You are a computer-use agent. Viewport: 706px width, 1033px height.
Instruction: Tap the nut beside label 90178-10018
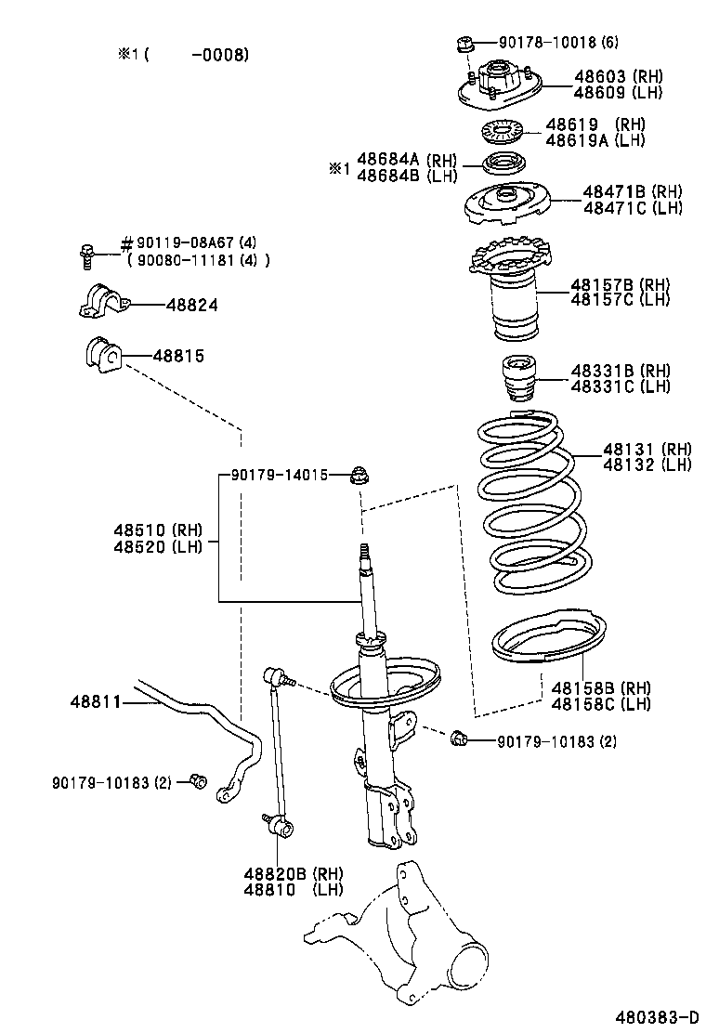[x=466, y=43]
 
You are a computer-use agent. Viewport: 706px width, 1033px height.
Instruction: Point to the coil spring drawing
[x=532, y=506]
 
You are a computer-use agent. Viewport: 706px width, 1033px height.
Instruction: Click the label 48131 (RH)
[x=647, y=449]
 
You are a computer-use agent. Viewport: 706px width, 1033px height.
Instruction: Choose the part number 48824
[x=192, y=305]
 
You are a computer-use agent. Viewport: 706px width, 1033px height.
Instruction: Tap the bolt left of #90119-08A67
[x=87, y=252]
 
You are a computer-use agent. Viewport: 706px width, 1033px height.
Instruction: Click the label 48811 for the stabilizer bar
[x=95, y=702]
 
